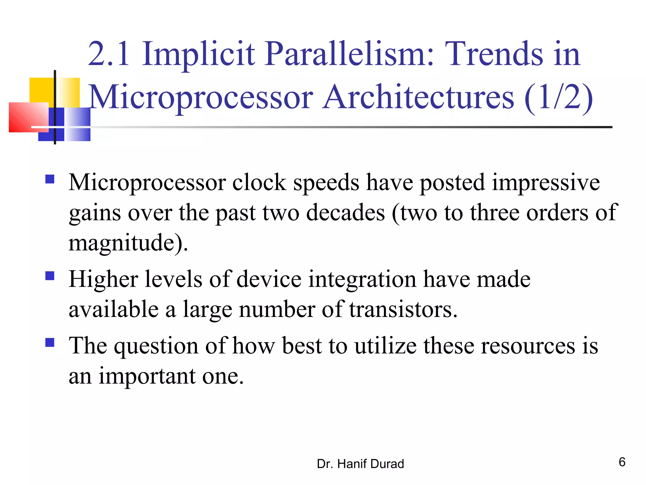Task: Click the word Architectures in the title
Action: click(x=418, y=97)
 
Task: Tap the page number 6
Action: click(x=622, y=462)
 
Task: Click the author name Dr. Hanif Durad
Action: click(x=360, y=464)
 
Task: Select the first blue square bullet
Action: click(x=50, y=179)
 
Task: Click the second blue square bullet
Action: click(x=50, y=276)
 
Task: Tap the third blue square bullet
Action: click(x=50, y=342)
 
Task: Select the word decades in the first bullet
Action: click(x=345, y=213)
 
